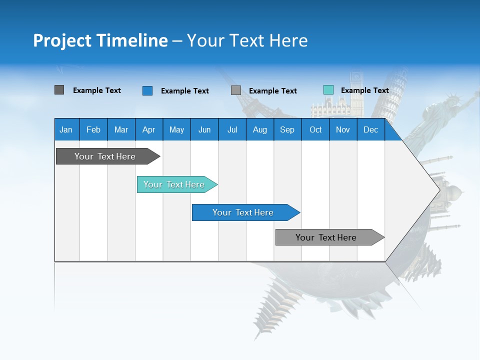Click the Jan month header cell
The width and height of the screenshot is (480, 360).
pyautogui.click(x=66, y=129)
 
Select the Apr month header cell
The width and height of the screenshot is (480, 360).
pyautogui.click(x=149, y=129)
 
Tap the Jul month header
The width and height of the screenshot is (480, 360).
pyautogui.click(x=232, y=129)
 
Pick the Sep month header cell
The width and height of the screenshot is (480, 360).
pyautogui.click(x=287, y=129)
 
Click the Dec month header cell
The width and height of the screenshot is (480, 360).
pyautogui.click(x=370, y=129)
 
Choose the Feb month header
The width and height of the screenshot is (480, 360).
pyautogui.click(x=93, y=129)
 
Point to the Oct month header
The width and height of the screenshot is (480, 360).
pyautogui.click(x=315, y=129)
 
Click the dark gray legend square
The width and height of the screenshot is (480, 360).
pyautogui.click(x=59, y=90)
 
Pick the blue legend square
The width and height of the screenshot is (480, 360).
pyautogui.click(x=147, y=90)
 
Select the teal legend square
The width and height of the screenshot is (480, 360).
pyautogui.click(x=328, y=90)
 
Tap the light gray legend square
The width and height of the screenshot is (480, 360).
pyautogui.click(x=236, y=90)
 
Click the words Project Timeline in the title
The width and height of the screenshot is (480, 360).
pyautogui.click(x=100, y=40)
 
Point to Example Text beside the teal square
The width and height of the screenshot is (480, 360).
pyautogui.click(x=364, y=90)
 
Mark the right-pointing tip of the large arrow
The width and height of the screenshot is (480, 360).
pyautogui.click(x=439, y=190)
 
